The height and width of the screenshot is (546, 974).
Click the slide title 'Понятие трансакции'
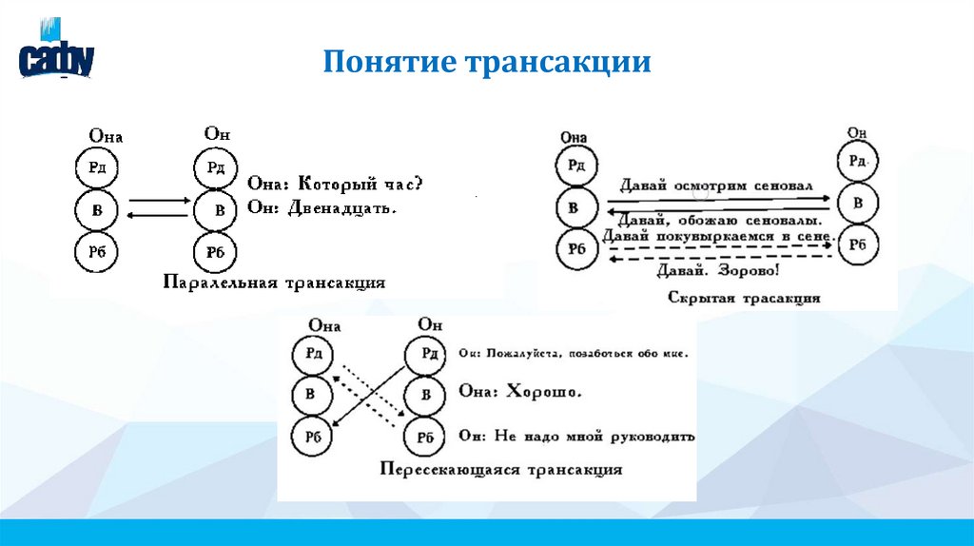click(x=486, y=63)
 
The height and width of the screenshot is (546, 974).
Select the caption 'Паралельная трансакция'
click(x=273, y=283)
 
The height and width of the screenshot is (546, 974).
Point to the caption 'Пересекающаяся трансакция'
click(x=500, y=469)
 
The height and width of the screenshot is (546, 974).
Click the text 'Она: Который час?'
click(x=335, y=182)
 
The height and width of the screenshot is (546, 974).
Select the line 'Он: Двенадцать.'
click(x=321, y=206)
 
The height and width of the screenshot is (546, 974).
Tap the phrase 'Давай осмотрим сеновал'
click(x=714, y=185)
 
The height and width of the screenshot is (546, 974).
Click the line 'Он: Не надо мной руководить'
click(x=576, y=436)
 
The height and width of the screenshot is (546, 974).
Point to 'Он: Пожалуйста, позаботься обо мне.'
click(x=573, y=352)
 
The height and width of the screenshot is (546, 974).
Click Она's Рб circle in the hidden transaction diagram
click(x=576, y=249)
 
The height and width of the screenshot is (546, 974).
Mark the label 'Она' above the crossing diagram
click(x=324, y=326)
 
